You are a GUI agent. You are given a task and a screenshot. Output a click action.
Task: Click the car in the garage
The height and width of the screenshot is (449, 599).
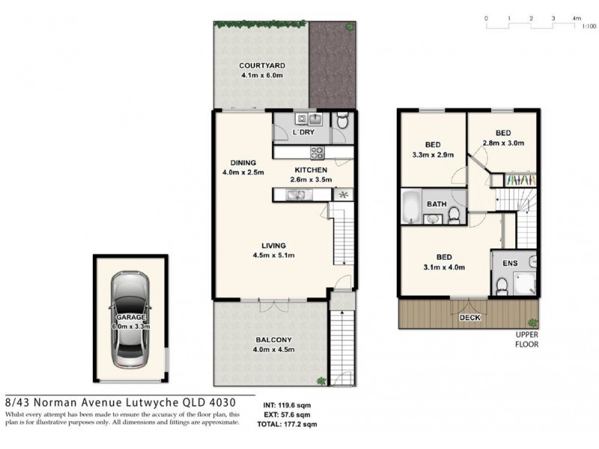click(131, 323)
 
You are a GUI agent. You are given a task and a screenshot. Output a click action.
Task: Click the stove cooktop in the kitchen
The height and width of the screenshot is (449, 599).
click(317, 153)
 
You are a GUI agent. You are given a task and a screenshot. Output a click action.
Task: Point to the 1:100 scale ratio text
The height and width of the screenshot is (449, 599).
click(589, 25)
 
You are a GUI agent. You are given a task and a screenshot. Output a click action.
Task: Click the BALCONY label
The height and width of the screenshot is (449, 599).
click(271, 340)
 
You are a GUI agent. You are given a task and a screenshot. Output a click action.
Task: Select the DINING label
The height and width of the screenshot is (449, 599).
click(244, 162)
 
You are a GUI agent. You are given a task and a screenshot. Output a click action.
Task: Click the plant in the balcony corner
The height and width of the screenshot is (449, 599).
click(321, 381)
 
